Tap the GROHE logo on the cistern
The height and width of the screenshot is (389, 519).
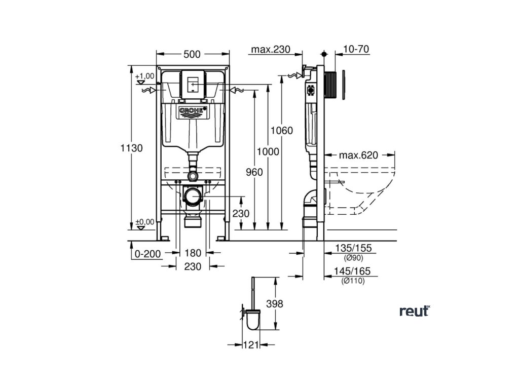click(x=191, y=110)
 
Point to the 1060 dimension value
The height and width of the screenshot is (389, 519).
click(x=282, y=130)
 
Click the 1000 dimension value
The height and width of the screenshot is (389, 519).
click(x=268, y=151)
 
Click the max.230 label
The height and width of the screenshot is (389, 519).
click(x=270, y=49)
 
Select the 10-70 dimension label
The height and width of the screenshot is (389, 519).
click(x=356, y=49)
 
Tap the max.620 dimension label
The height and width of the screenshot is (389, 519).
click(x=359, y=155)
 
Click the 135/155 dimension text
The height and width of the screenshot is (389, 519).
click(x=353, y=248)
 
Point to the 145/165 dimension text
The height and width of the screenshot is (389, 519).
click(x=353, y=271)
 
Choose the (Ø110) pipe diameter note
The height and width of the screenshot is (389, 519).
click(x=353, y=281)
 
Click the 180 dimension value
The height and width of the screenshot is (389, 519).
click(x=193, y=253)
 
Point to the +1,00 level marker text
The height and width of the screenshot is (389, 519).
click(x=145, y=76)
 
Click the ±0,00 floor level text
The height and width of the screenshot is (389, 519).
click(x=145, y=221)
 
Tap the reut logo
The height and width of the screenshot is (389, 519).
click(x=414, y=311)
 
